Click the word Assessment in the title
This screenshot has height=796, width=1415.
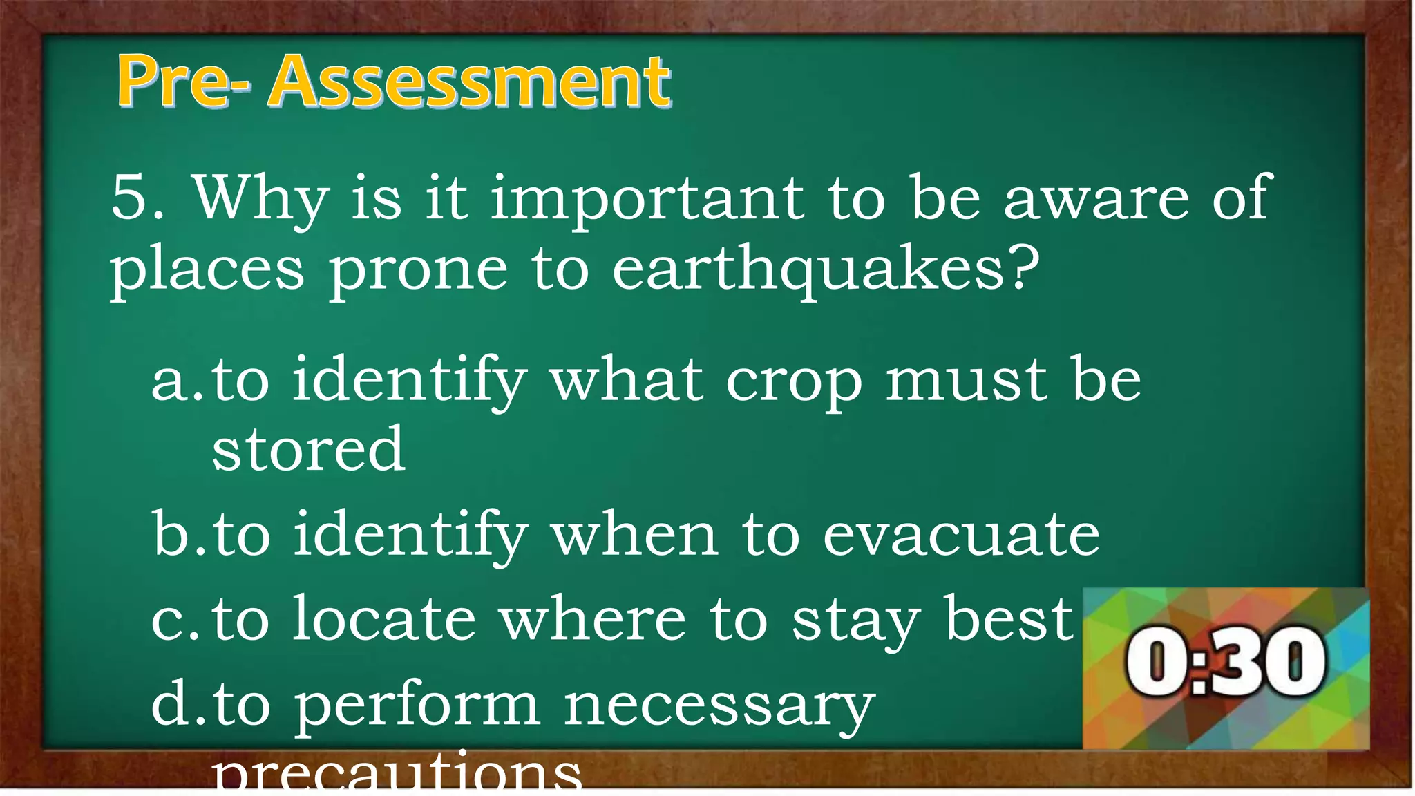tap(470, 83)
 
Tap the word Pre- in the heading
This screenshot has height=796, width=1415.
tap(183, 83)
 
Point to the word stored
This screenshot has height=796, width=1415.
tap(308, 450)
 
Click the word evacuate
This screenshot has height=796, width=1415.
tap(960, 535)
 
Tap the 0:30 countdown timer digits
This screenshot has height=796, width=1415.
tap(1226, 662)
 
